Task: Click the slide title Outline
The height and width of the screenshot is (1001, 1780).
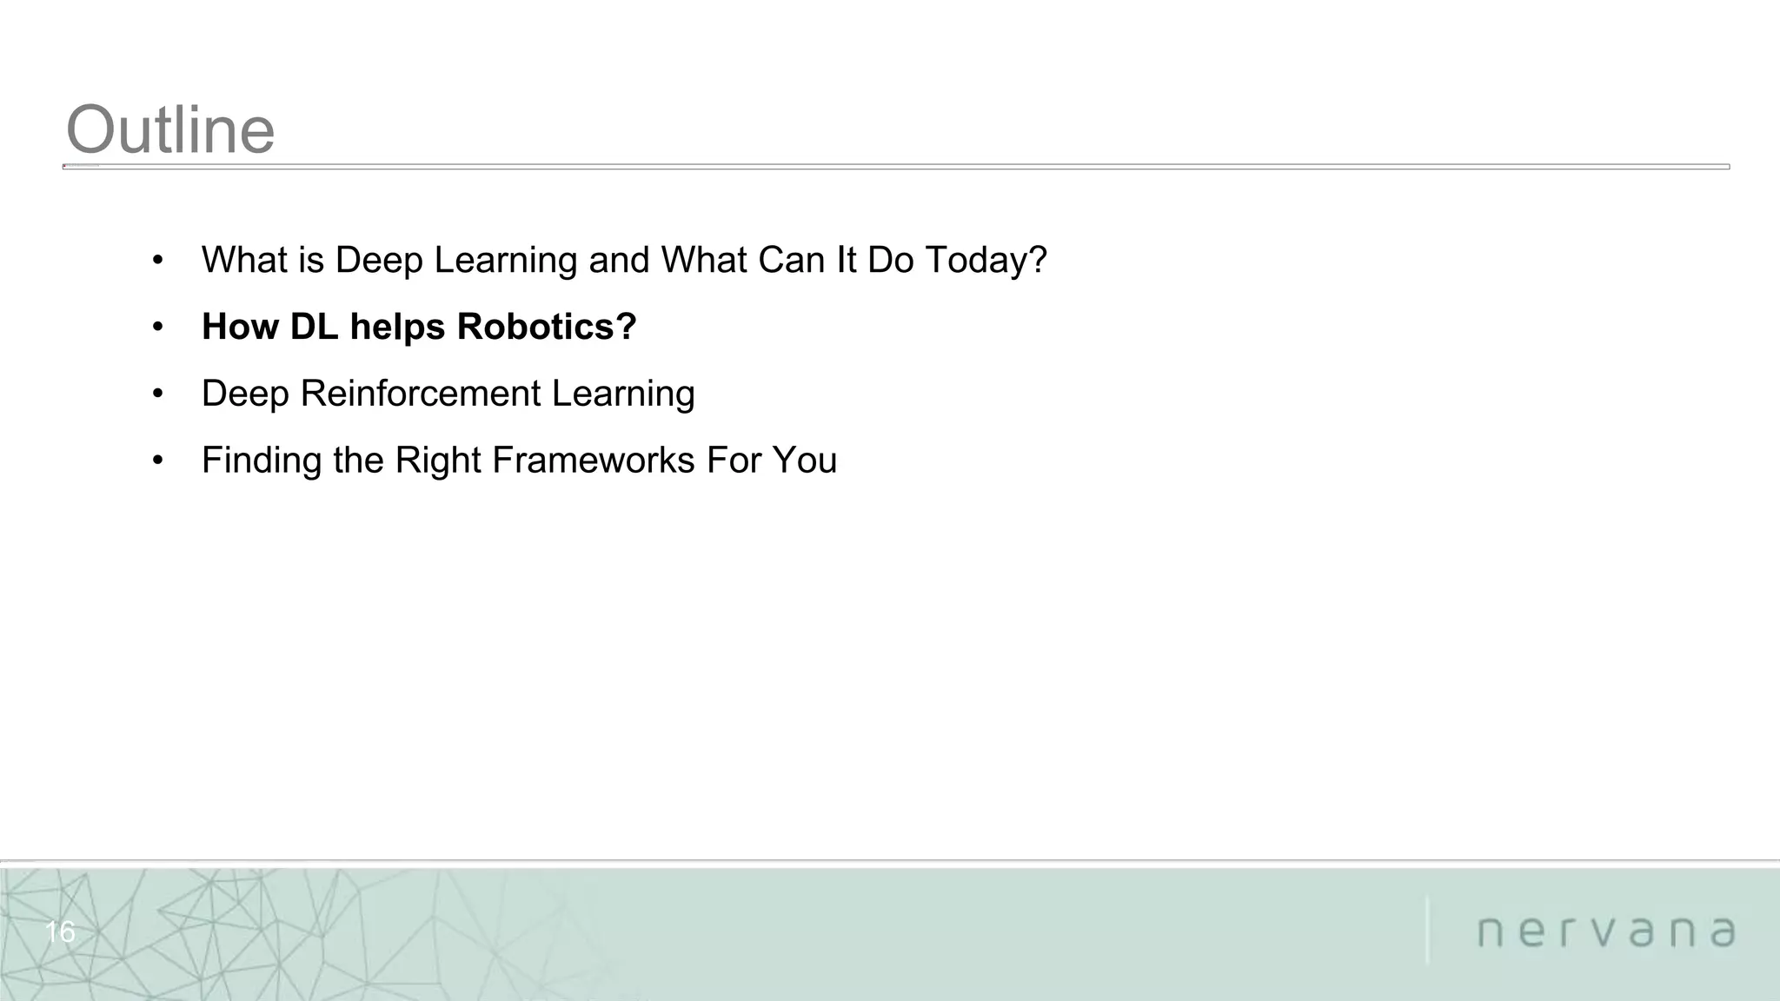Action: click(x=170, y=130)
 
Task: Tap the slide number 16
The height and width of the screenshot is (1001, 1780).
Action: click(x=60, y=932)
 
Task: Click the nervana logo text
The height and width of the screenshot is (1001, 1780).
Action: click(x=1606, y=932)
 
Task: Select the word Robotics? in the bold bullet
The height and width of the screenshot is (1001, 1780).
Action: click(x=547, y=328)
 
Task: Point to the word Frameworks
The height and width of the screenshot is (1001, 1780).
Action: click(x=594, y=461)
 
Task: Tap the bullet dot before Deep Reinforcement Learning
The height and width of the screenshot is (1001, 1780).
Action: click(x=157, y=394)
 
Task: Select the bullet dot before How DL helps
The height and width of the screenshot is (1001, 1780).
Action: click(x=157, y=328)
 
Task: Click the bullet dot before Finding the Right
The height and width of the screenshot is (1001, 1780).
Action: click(x=157, y=461)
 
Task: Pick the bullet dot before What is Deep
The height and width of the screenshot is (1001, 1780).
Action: click(x=157, y=261)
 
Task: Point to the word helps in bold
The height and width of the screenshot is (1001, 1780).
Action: click(x=398, y=328)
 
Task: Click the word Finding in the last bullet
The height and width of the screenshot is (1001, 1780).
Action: click(x=262, y=461)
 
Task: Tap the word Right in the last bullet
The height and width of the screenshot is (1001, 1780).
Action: click(x=438, y=461)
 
